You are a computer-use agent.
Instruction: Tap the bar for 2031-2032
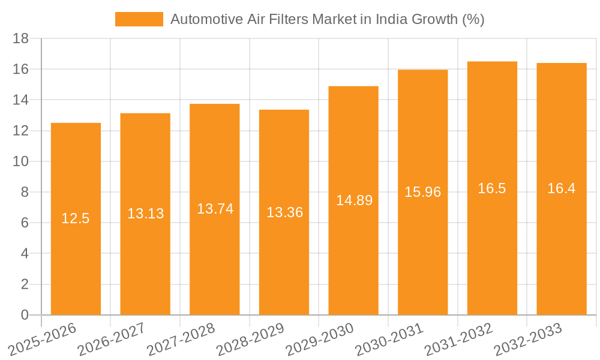pos(492,252)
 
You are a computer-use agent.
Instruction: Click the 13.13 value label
pos(145,214)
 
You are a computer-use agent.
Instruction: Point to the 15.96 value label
pos(422,192)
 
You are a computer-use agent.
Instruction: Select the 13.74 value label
pos(215,209)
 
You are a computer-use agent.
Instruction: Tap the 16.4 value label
pos(561,188)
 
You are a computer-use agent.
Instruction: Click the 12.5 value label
pos(76,218)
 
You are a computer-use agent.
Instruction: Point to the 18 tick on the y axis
pos(20,38)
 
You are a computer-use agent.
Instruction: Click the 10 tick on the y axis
pos(20,161)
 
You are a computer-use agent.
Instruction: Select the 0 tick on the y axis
pos(24,315)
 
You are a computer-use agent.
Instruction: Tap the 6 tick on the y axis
pos(24,223)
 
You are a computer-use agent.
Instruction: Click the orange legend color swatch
pos(139,19)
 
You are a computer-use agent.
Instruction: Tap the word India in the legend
pos(391,19)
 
